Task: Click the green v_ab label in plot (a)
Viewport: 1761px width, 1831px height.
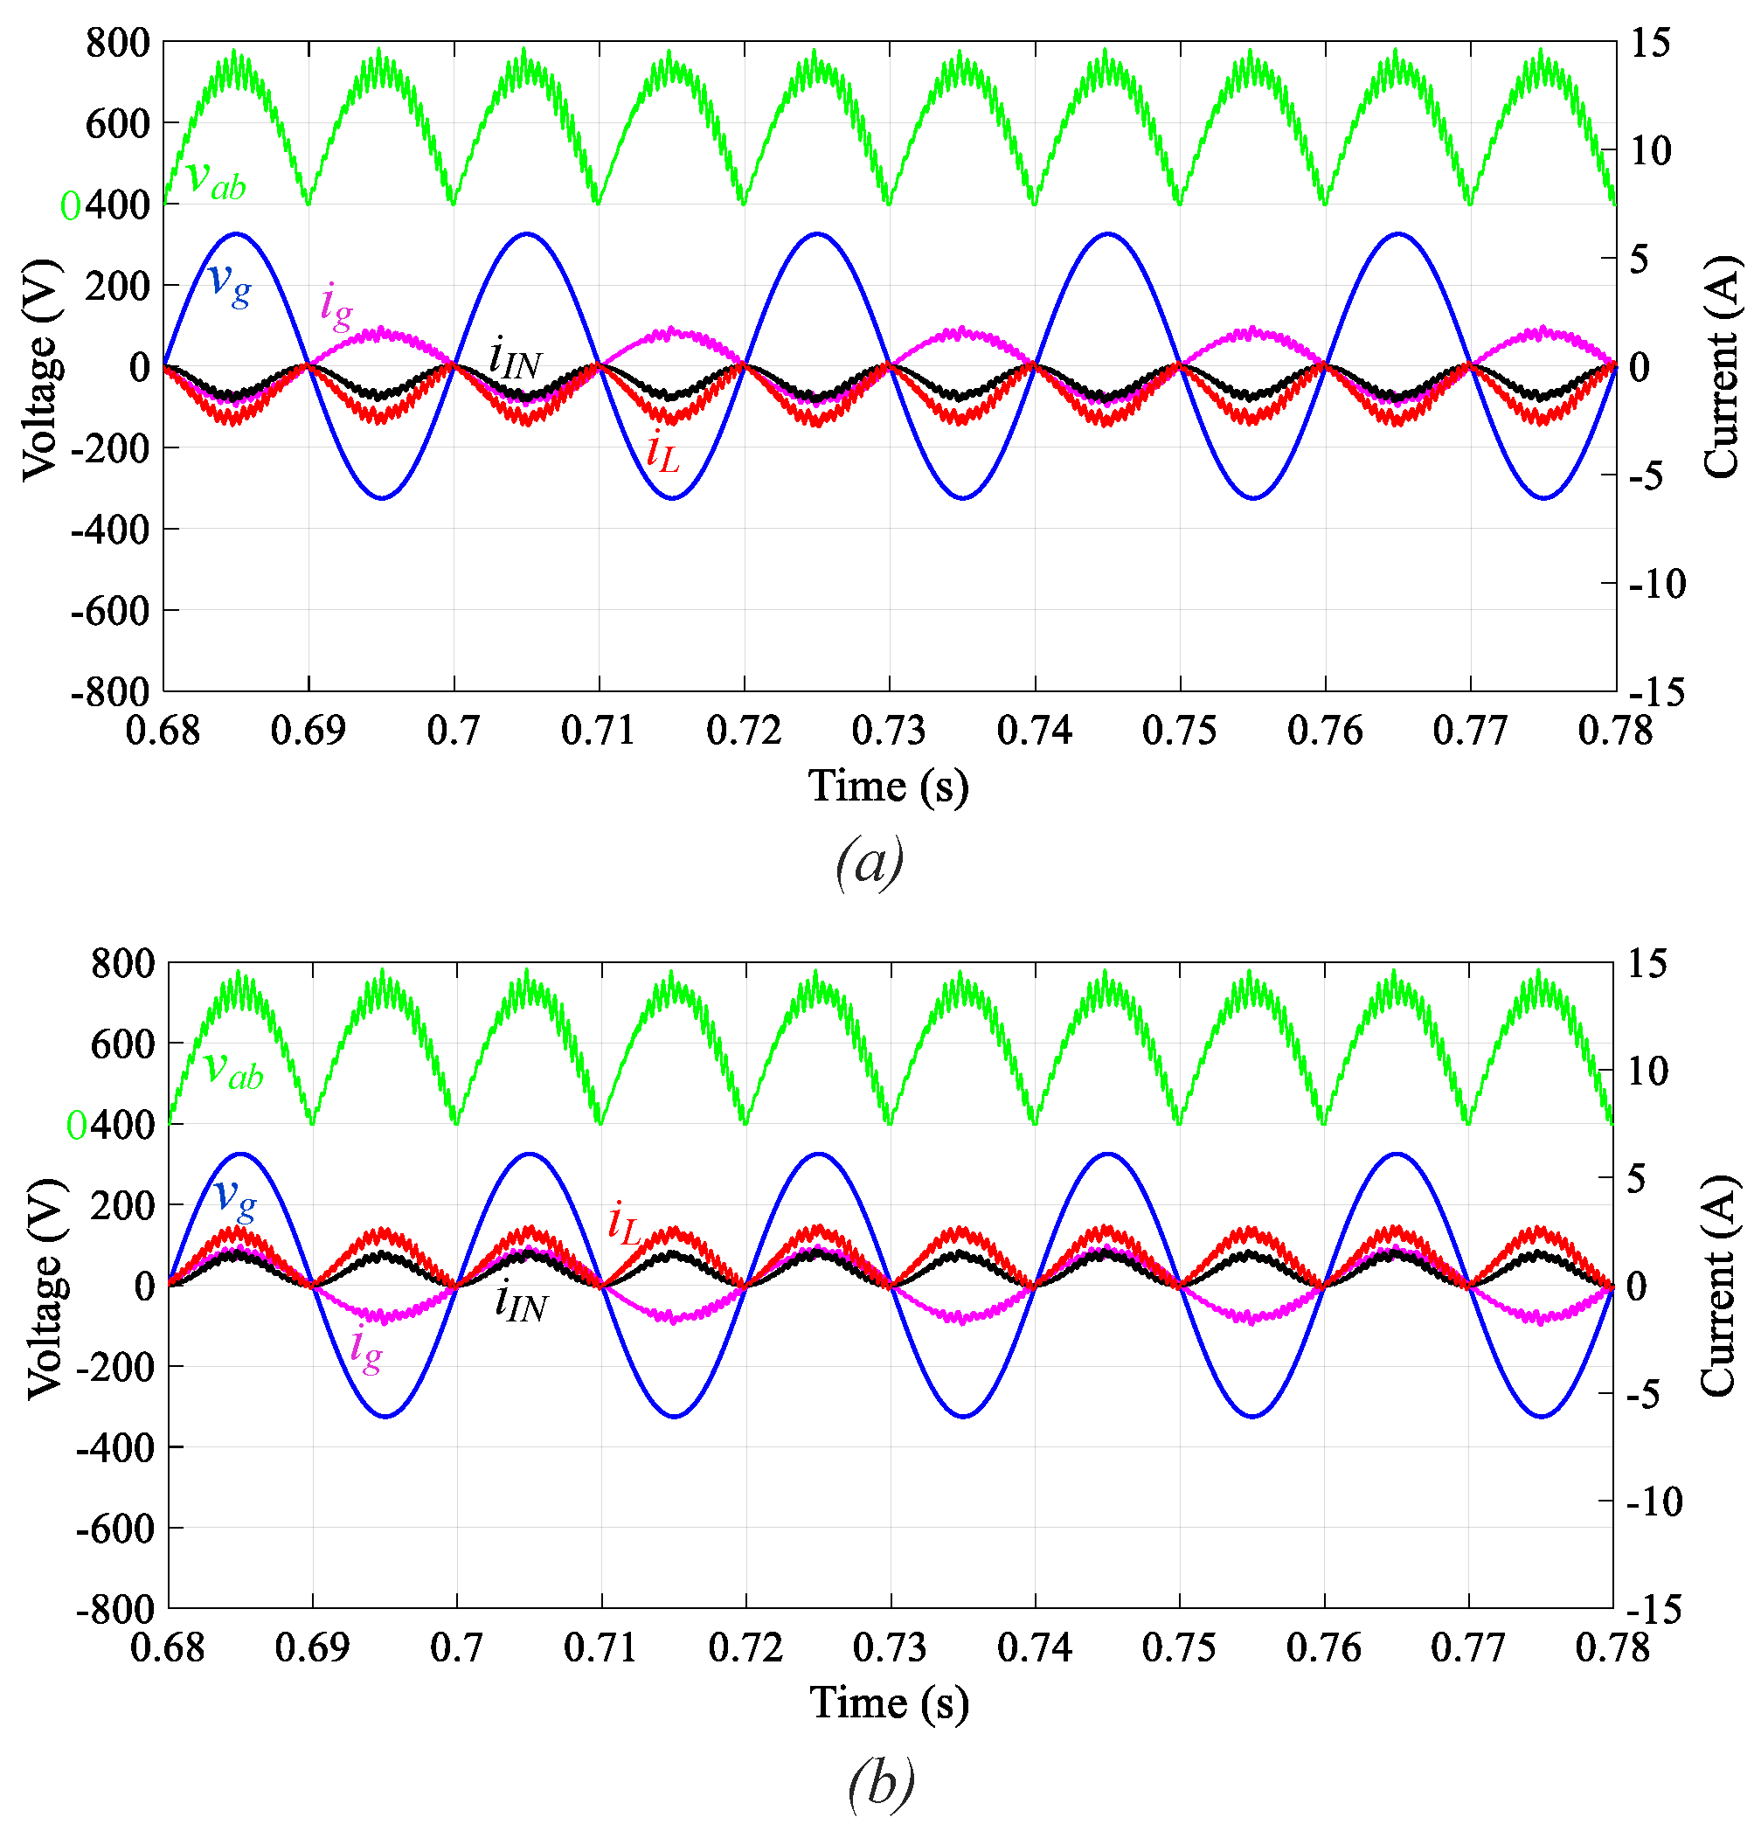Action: pos(216,179)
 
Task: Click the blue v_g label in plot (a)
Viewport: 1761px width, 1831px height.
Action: pos(229,283)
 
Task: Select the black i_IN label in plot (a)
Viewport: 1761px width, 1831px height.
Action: pos(514,358)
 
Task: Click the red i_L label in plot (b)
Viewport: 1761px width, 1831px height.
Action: pos(623,1224)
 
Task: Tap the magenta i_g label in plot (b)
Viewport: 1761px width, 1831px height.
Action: pos(365,1352)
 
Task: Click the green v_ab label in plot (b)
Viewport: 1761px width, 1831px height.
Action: pos(232,1070)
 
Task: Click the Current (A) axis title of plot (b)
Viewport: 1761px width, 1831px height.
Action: pos(1717,1287)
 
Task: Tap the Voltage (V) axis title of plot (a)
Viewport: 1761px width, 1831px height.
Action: pos(41,369)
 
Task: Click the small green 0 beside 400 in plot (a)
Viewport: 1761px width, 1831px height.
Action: pos(70,206)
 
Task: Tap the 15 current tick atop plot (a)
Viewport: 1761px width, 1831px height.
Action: pos(1650,44)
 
